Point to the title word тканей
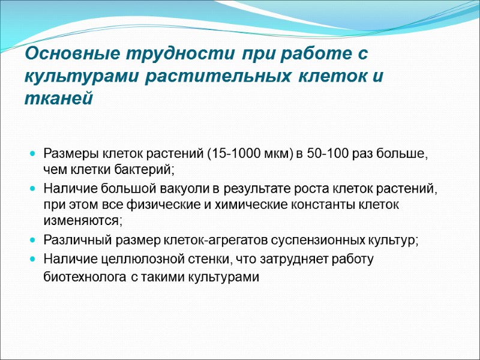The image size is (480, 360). click(x=59, y=98)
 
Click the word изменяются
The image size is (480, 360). click(x=82, y=220)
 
